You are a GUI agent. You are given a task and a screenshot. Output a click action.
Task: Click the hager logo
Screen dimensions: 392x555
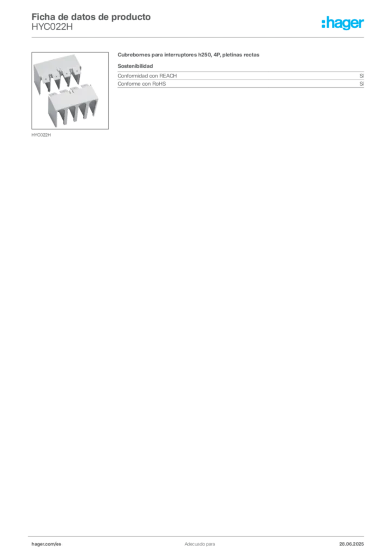point(343,23)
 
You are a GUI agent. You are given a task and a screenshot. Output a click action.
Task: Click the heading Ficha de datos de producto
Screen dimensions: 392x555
point(91,17)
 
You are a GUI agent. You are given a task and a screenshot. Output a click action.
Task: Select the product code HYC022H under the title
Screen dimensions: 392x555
point(52,27)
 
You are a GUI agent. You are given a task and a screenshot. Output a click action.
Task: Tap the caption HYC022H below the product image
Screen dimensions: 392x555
point(41,135)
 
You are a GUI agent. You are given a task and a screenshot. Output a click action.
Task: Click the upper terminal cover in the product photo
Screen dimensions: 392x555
point(57,74)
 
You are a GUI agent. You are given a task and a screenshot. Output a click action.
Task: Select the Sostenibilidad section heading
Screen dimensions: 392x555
point(135,66)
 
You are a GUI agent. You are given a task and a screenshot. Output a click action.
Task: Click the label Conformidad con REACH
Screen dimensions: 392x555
point(147,76)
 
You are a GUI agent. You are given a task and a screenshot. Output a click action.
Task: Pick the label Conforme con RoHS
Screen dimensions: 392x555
point(142,84)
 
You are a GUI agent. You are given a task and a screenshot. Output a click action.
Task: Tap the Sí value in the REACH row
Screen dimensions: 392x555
point(362,76)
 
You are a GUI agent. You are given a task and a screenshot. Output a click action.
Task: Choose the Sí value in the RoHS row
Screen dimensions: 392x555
point(362,84)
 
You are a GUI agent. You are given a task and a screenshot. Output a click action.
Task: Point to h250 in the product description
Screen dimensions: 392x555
point(204,55)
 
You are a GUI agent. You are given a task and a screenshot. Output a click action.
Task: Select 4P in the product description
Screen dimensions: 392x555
point(217,55)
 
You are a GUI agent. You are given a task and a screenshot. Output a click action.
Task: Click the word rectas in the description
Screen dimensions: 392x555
point(251,55)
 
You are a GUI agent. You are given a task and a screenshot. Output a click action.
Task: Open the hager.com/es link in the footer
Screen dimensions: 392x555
point(47,544)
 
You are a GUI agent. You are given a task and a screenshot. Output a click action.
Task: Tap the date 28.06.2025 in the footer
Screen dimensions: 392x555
point(351,544)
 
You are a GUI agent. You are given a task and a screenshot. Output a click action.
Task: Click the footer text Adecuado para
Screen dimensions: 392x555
point(200,544)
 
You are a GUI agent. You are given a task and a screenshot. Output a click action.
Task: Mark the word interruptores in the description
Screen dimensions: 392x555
point(180,55)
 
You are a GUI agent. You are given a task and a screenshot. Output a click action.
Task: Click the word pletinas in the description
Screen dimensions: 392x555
point(232,55)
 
